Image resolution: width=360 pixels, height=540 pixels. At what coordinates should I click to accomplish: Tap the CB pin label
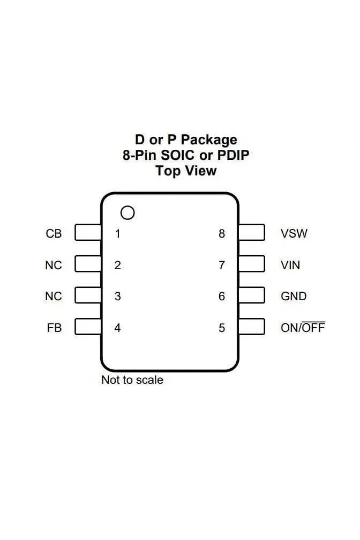click(54, 234)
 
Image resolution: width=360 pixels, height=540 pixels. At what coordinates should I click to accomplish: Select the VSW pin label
click(294, 233)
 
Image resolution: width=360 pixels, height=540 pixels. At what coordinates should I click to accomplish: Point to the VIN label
click(290, 265)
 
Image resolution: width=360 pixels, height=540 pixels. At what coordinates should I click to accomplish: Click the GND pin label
click(294, 296)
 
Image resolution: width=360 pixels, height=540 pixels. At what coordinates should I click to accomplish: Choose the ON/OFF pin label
click(303, 327)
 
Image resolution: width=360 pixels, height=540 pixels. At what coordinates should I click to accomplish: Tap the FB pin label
click(54, 328)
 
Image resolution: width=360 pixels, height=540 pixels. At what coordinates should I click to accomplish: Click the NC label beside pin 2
click(54, 265)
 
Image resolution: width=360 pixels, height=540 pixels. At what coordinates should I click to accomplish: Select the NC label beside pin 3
click(54, 296)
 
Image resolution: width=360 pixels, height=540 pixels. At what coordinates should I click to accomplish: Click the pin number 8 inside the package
click(222, 234)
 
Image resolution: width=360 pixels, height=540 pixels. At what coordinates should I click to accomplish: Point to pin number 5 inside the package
click(222, 328)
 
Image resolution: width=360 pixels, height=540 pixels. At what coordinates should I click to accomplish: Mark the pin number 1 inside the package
click(118, 234)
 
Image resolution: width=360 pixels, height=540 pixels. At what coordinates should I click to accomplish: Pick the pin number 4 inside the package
click(117, 328)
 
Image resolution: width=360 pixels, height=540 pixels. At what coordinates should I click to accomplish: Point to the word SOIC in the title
click(177, 155)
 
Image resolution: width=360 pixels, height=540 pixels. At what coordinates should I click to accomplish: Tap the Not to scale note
click(132, 380)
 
